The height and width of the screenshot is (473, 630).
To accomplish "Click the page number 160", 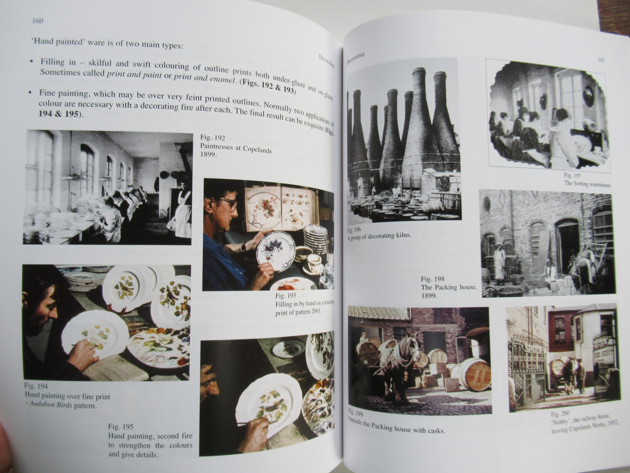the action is (38, 21).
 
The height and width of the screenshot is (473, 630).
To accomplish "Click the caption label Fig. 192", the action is (212, 137).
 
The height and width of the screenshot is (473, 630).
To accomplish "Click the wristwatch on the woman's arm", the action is (244, 247).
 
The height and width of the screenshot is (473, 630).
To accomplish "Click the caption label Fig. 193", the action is (285, 295).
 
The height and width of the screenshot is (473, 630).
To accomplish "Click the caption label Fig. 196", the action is (354, 230).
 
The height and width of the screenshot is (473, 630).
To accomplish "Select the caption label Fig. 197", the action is (572, 176).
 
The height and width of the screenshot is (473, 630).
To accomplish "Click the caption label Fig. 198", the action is (432, 279).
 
